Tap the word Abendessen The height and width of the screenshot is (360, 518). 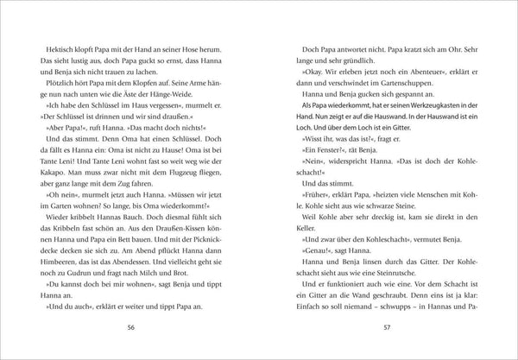[144, 256]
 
